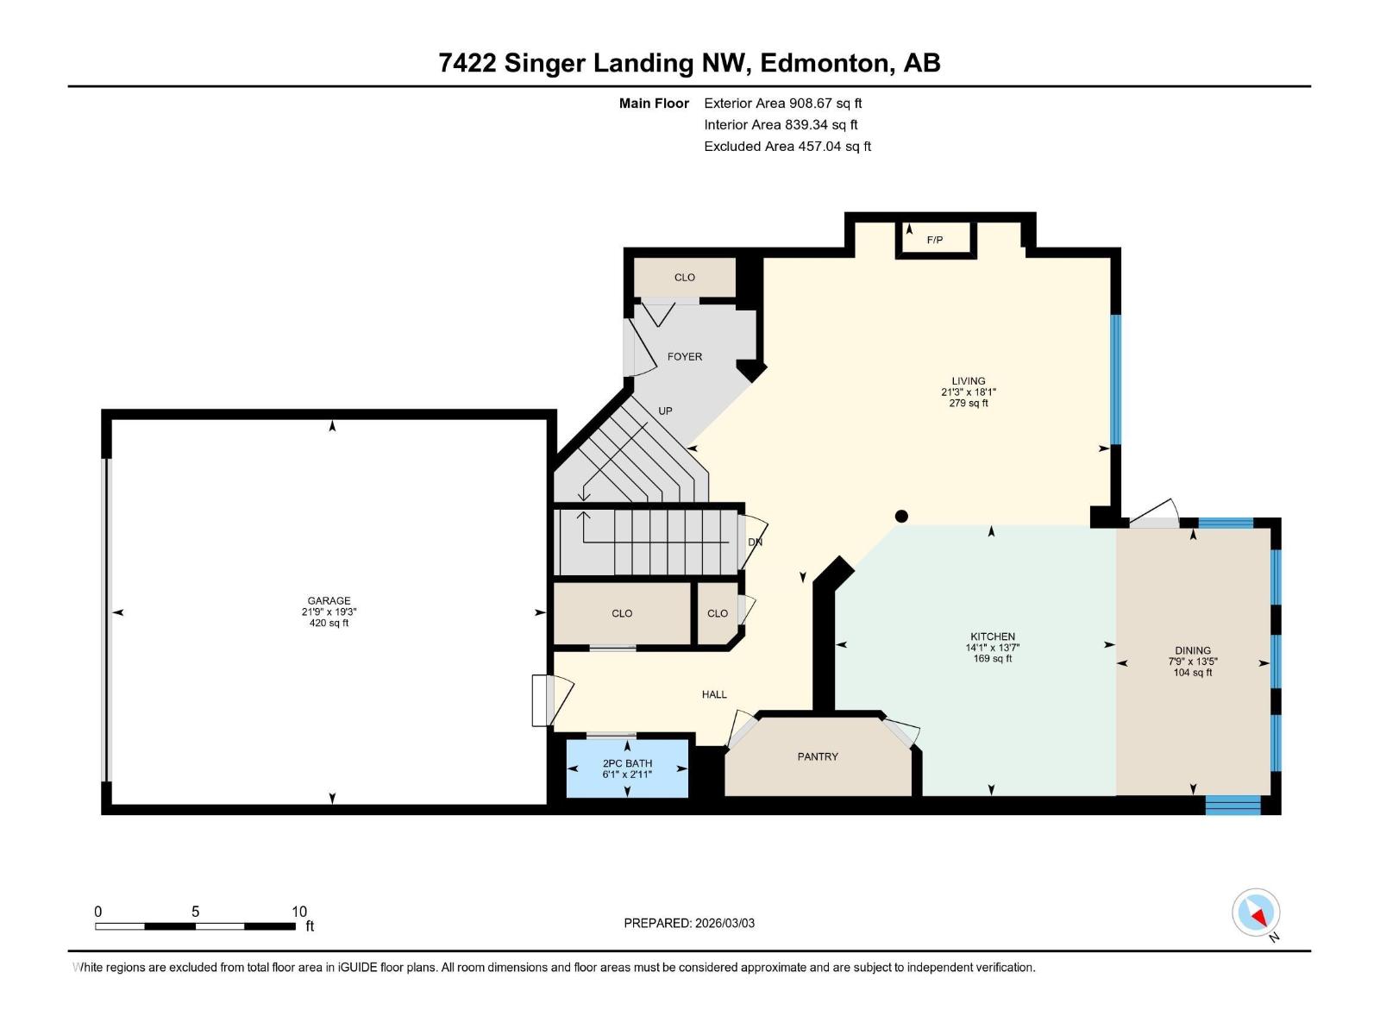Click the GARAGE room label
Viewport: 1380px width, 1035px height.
coord(329,601)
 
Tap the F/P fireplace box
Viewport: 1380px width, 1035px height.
coord(936,240)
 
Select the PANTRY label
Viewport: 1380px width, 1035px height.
coord(817,756)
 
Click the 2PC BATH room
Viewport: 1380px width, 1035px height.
coord(627,768)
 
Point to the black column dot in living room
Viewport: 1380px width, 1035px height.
coord(901,517)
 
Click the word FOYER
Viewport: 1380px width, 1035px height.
coord(685,356)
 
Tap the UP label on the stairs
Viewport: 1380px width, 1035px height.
coord(665,411)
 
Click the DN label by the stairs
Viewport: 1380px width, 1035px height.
coord(755,543)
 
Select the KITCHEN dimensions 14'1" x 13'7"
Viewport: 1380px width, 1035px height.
coord(993,648)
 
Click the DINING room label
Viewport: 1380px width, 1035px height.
coord(1192,650)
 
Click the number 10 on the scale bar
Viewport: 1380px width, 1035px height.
coord(298,912)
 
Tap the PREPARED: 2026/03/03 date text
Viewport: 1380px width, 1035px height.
coord(689,923)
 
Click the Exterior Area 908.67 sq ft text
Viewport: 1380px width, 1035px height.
coord(782,103)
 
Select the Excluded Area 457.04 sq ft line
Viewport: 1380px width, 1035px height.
coord(787,146)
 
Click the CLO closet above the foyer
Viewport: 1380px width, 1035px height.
coord(684,278)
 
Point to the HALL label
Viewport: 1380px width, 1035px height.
coord(713,694)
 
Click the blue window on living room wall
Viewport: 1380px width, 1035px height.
coord(1115,379)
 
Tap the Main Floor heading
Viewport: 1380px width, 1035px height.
coord(654,103)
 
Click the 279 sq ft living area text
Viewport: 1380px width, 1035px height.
coord(968,403)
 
